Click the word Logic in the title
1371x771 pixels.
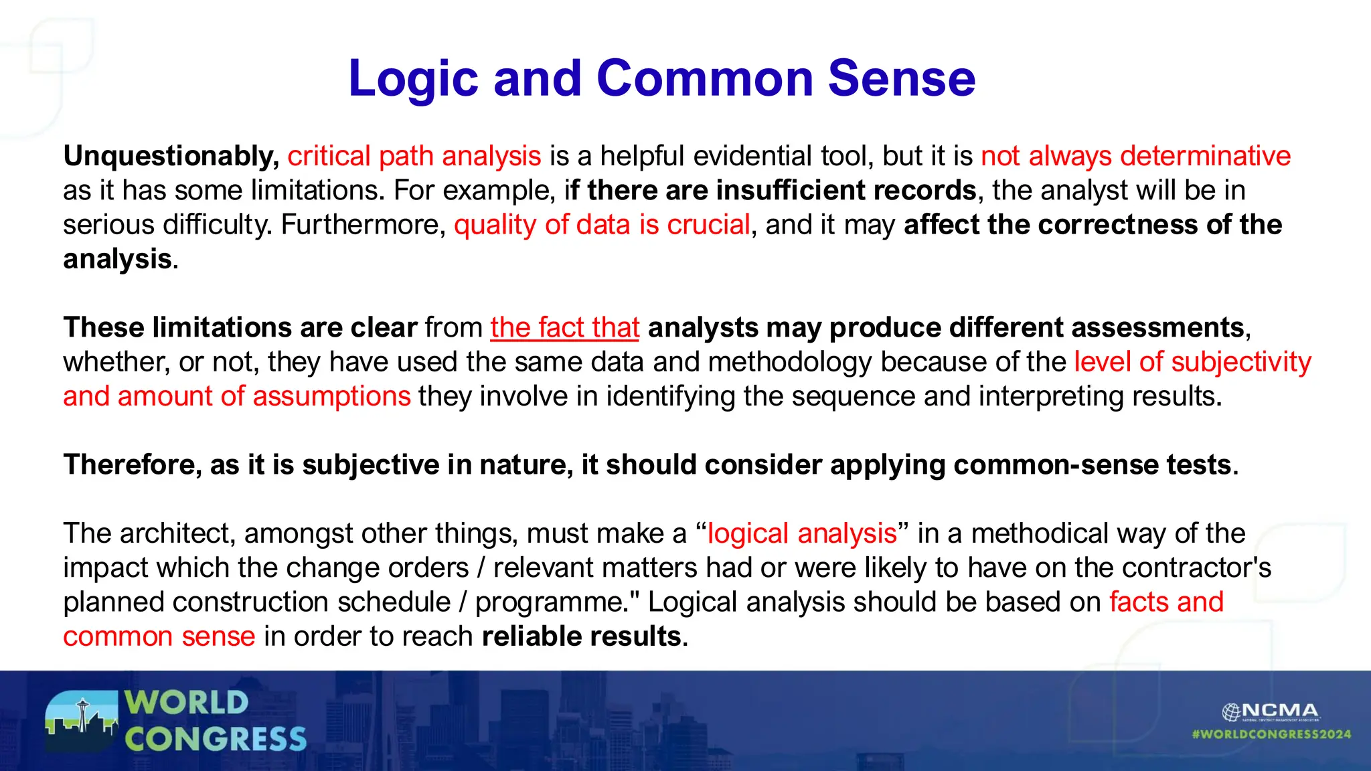[x=412, y=79]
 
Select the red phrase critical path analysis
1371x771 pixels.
[x=414, y=157]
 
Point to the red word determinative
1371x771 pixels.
[x=1205, y=157]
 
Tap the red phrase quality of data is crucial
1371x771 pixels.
[x=601, y=225]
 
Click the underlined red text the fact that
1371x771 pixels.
[x=564, y=328]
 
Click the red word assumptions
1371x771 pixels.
[x=331, y=396]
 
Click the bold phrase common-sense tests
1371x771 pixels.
[x=1093, y=465]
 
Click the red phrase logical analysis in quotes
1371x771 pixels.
[x=801, y=534]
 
